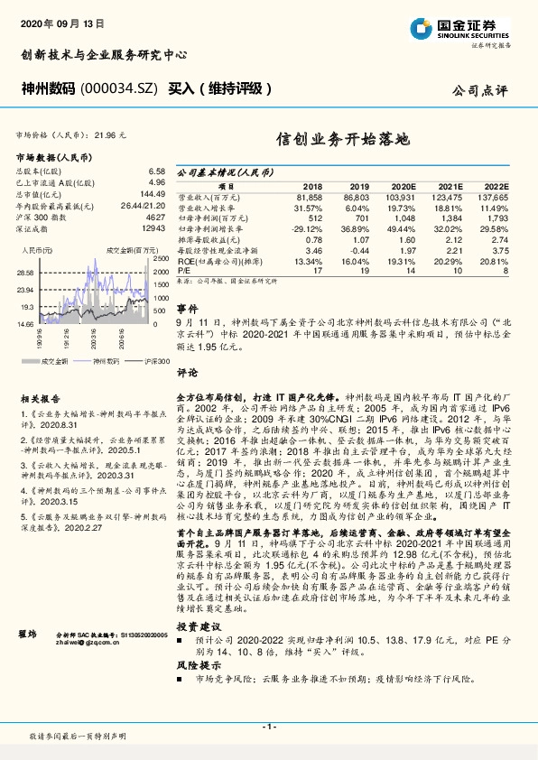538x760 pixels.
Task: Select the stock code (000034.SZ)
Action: (x=119, y=88)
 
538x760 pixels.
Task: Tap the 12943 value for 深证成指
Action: (x=153, y=229)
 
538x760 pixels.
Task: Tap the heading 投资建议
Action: (x=197, y=600)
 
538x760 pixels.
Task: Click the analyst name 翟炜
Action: (x=28, y=609)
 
